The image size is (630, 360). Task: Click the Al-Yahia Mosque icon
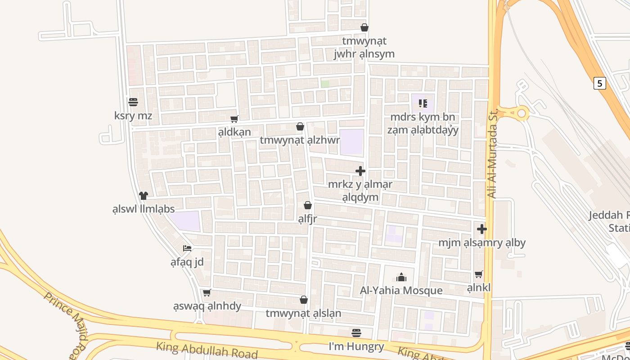(401, 277)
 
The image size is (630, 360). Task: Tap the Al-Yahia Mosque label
(401, 290)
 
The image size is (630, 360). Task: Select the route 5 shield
(599, 83)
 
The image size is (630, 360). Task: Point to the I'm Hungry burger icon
(356, 333)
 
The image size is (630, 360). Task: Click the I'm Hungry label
(356, 346)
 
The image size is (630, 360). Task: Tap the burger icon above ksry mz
(133, 102)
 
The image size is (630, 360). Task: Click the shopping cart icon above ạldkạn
(234, 119)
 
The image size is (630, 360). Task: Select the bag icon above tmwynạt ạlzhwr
(300, 127)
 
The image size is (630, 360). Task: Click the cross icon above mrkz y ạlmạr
(360, 171)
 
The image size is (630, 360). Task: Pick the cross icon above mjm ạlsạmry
(482, 229)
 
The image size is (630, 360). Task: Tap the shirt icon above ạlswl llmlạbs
(144, 195)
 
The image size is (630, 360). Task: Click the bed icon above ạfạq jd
(187, 248)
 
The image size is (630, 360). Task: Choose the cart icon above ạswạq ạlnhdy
(207, 293)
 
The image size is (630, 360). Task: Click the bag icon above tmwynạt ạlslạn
(304, 300)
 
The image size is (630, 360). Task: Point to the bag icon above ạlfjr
(308, 206)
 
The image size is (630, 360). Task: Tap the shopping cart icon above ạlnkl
(479, 274)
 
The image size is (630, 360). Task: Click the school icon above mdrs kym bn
(423, 103)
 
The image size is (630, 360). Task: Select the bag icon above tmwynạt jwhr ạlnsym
(364, 27)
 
